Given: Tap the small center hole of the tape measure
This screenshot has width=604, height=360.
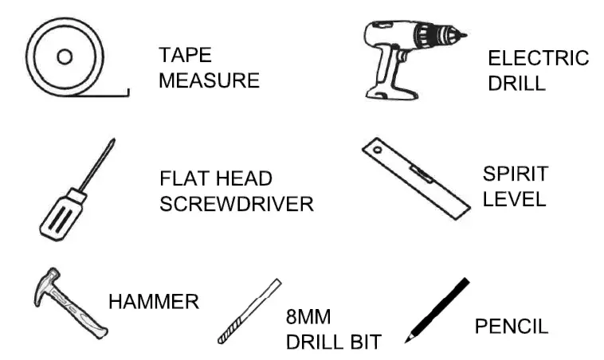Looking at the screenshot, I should coord(65,56).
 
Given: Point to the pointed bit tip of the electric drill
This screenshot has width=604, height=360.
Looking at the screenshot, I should coord(464,33).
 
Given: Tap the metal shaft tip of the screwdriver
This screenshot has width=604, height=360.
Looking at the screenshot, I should coord(113,140).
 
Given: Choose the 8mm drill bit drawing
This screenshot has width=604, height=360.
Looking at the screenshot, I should coord(249,311).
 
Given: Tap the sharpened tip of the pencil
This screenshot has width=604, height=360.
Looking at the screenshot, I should coord(407,340).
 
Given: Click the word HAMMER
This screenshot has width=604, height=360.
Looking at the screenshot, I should coord(153,302).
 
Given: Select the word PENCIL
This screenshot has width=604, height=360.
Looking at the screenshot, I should coord(512,326).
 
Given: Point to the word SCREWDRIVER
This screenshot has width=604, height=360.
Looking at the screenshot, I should coord(237,203).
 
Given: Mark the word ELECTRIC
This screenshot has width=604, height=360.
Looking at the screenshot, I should coord(538,58).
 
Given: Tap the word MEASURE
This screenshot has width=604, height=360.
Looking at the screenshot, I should coord(209,80).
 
